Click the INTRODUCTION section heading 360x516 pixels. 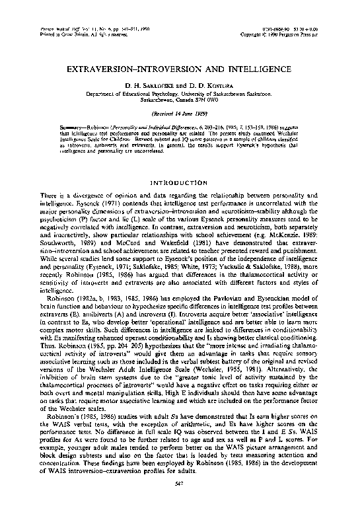[180, 182]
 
